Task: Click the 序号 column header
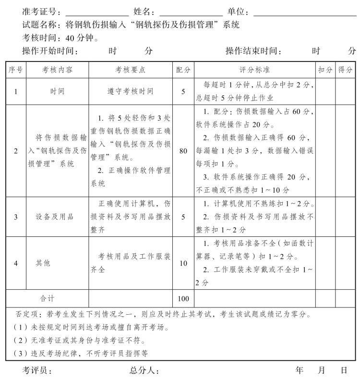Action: coord(16,70)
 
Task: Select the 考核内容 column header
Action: coord(57,70)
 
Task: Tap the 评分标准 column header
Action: coord(254,70)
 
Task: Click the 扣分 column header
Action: coord(325,70)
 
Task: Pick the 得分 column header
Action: coord(345,70)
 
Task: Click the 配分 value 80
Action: coord(183,151)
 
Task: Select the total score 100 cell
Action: coord(183,298)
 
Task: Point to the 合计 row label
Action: coord(47,298)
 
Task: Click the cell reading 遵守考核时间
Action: coord(130,91)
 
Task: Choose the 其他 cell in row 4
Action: coord(43,263)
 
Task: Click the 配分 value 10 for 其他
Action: coord(183,263)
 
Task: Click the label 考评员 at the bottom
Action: coord(37,370)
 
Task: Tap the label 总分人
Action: coord(144,370)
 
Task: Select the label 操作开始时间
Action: coord(49,51)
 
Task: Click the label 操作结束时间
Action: coord(253,51)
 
